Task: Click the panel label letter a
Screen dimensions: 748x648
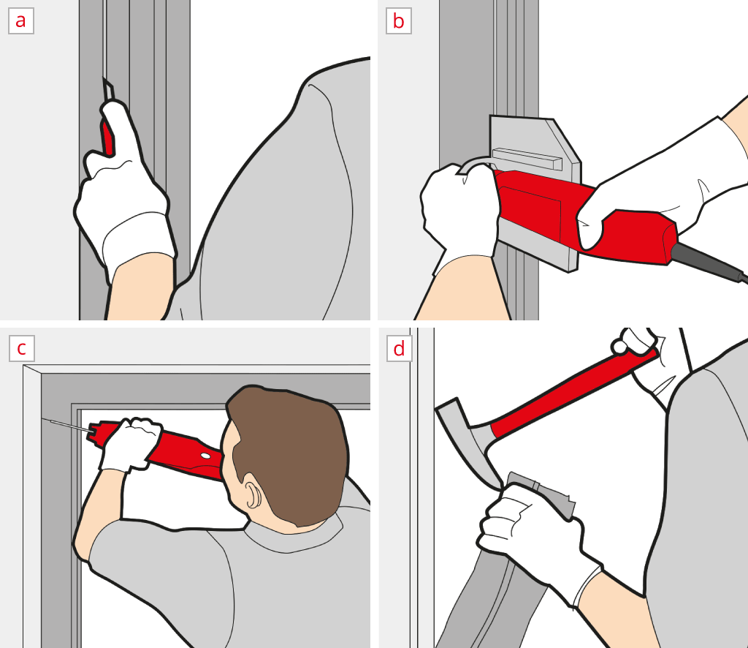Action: [x=20, y=21]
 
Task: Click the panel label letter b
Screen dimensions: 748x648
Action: [x=398, y=21]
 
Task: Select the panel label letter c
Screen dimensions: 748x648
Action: [x=21, y=348]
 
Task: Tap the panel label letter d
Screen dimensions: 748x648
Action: [x=400, y=348]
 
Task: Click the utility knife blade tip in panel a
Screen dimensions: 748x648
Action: [x=104, y=78]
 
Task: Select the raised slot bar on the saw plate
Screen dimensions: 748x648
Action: [x=527, y=159]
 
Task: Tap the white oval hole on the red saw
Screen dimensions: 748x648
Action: [x=205, y=456]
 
